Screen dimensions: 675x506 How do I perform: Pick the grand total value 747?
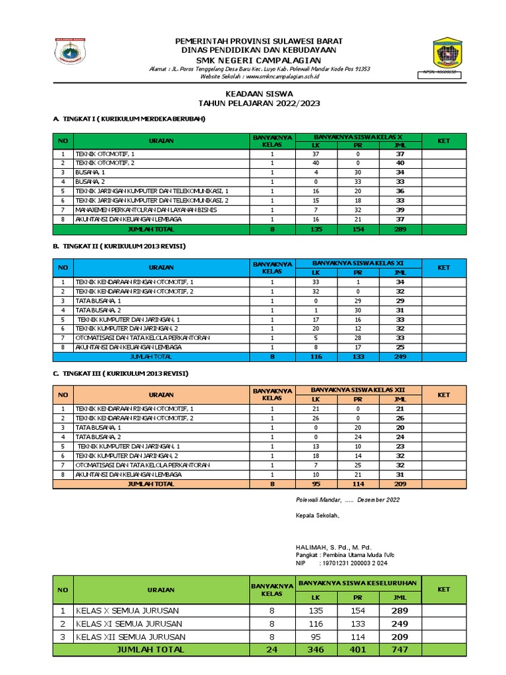pos(400,649)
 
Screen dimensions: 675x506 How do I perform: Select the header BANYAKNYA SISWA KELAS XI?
pos(358,262)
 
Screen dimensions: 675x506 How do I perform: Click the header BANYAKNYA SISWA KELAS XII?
pos(358,390)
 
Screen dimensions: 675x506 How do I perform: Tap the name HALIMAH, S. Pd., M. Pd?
pos(334,547)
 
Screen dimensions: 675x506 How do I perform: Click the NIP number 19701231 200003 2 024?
pos(354,564)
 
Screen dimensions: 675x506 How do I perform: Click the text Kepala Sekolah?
pos(318,515)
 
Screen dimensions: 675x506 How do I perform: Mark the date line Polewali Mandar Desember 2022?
pos(347,500)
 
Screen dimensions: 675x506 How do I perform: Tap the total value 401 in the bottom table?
pos(358,649)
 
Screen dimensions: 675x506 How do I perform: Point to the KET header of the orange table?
pos(443,394)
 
